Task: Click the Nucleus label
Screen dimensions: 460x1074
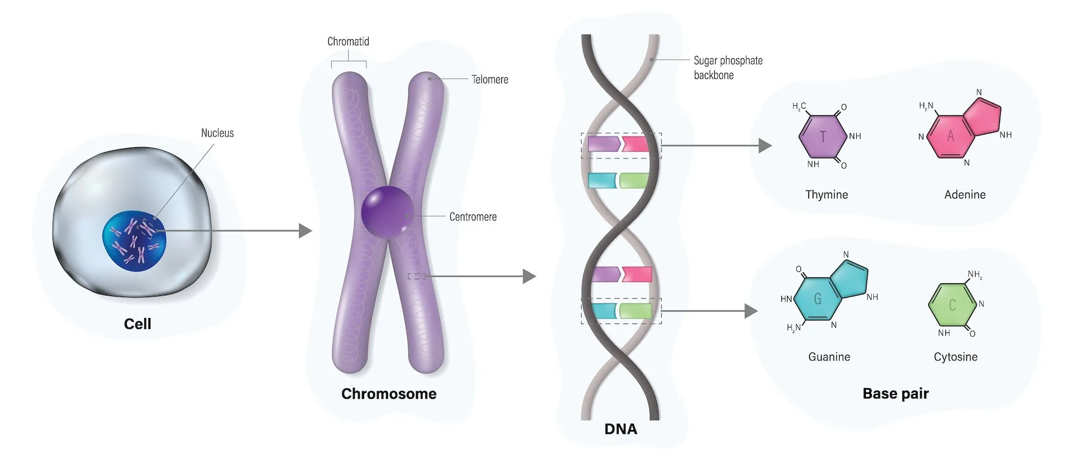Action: (x=217, y=133)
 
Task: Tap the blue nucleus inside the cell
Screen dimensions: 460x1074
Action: (x=134, y=241)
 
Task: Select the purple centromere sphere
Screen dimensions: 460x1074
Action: (x=387, y=213)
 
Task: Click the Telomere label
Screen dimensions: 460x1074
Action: (x=489, y=79)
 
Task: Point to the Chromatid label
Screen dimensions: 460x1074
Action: (x=348, y=41)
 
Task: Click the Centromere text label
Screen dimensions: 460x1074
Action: (x=473, y=217)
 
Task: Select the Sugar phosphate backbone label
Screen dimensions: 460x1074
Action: (x=728, y=68)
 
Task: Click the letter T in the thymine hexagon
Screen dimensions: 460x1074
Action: (x=822, y=137)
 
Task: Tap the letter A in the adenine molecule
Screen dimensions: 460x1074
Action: (x=950, y=136)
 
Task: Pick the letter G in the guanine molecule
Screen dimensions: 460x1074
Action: (x=817, y=299)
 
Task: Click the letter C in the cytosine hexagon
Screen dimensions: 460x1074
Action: (x=952, y=305)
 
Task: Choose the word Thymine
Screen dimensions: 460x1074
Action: (x=826, y=195)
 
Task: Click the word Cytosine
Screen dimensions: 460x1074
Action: (x=955, y=357)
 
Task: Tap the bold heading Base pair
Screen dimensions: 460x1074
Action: (x=895, y=393)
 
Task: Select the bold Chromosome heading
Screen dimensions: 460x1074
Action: (x=389, y=394)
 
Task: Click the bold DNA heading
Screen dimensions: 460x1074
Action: (x=620, y=429)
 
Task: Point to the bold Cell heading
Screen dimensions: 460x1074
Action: (x=138, y=324)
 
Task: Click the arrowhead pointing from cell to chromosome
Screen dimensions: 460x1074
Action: (x=305, y=231)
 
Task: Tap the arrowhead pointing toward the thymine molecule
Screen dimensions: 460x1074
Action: (x=765, y=145)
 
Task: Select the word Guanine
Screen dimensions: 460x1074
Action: (x=829, y=357)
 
